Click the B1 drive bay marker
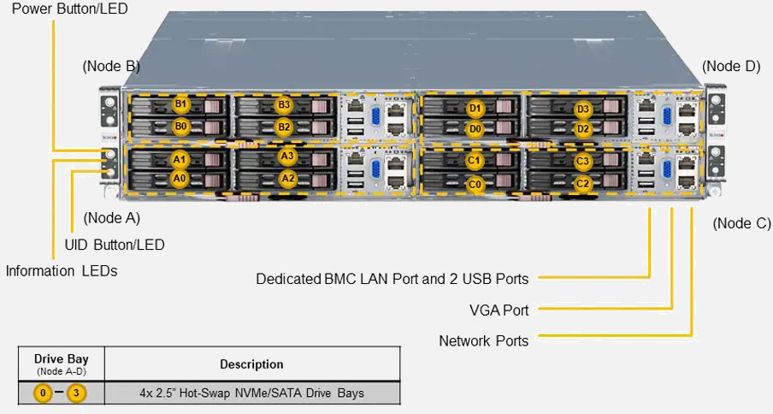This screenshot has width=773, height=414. pyautogui.click(x=180, y=104)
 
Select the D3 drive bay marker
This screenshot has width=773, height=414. pyautogui.click(x=583, y=109)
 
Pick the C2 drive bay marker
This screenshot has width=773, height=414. pyautogui.click(x=583, y=183)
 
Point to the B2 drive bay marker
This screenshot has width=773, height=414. pyautogui.click(x=284, y=127)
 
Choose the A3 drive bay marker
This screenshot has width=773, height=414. pyautogui.click(x=287, y=156)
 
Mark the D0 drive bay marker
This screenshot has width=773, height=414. pyautogui.click(x=475, y=129)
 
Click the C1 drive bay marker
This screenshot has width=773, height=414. pyautogui.click(x=475, y=161)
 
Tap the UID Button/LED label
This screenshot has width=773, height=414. pyautogui.click(x=115, y=245)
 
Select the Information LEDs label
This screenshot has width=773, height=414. pyautogui.click(x=62, y=271)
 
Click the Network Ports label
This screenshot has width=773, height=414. pyautogui.click(x=483, y=340)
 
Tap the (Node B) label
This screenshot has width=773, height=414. pyautogui.click(x=111, y=66)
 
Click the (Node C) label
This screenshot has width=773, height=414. pyautogui.click(x=741, y=223)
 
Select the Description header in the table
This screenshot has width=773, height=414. pyautogui.click(x=251, y=364)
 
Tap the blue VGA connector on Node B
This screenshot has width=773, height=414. pyautogui.click(x=374, y=117)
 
